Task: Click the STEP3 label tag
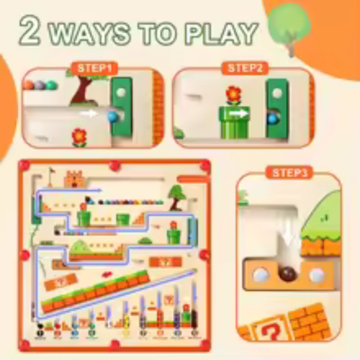(x=289, y=171)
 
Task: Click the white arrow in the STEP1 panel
(x=90, y=115)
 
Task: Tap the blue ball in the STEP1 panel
(x=112, y=116)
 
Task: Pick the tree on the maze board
(x=178, y=190)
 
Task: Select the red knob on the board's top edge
(x=114, y=165)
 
